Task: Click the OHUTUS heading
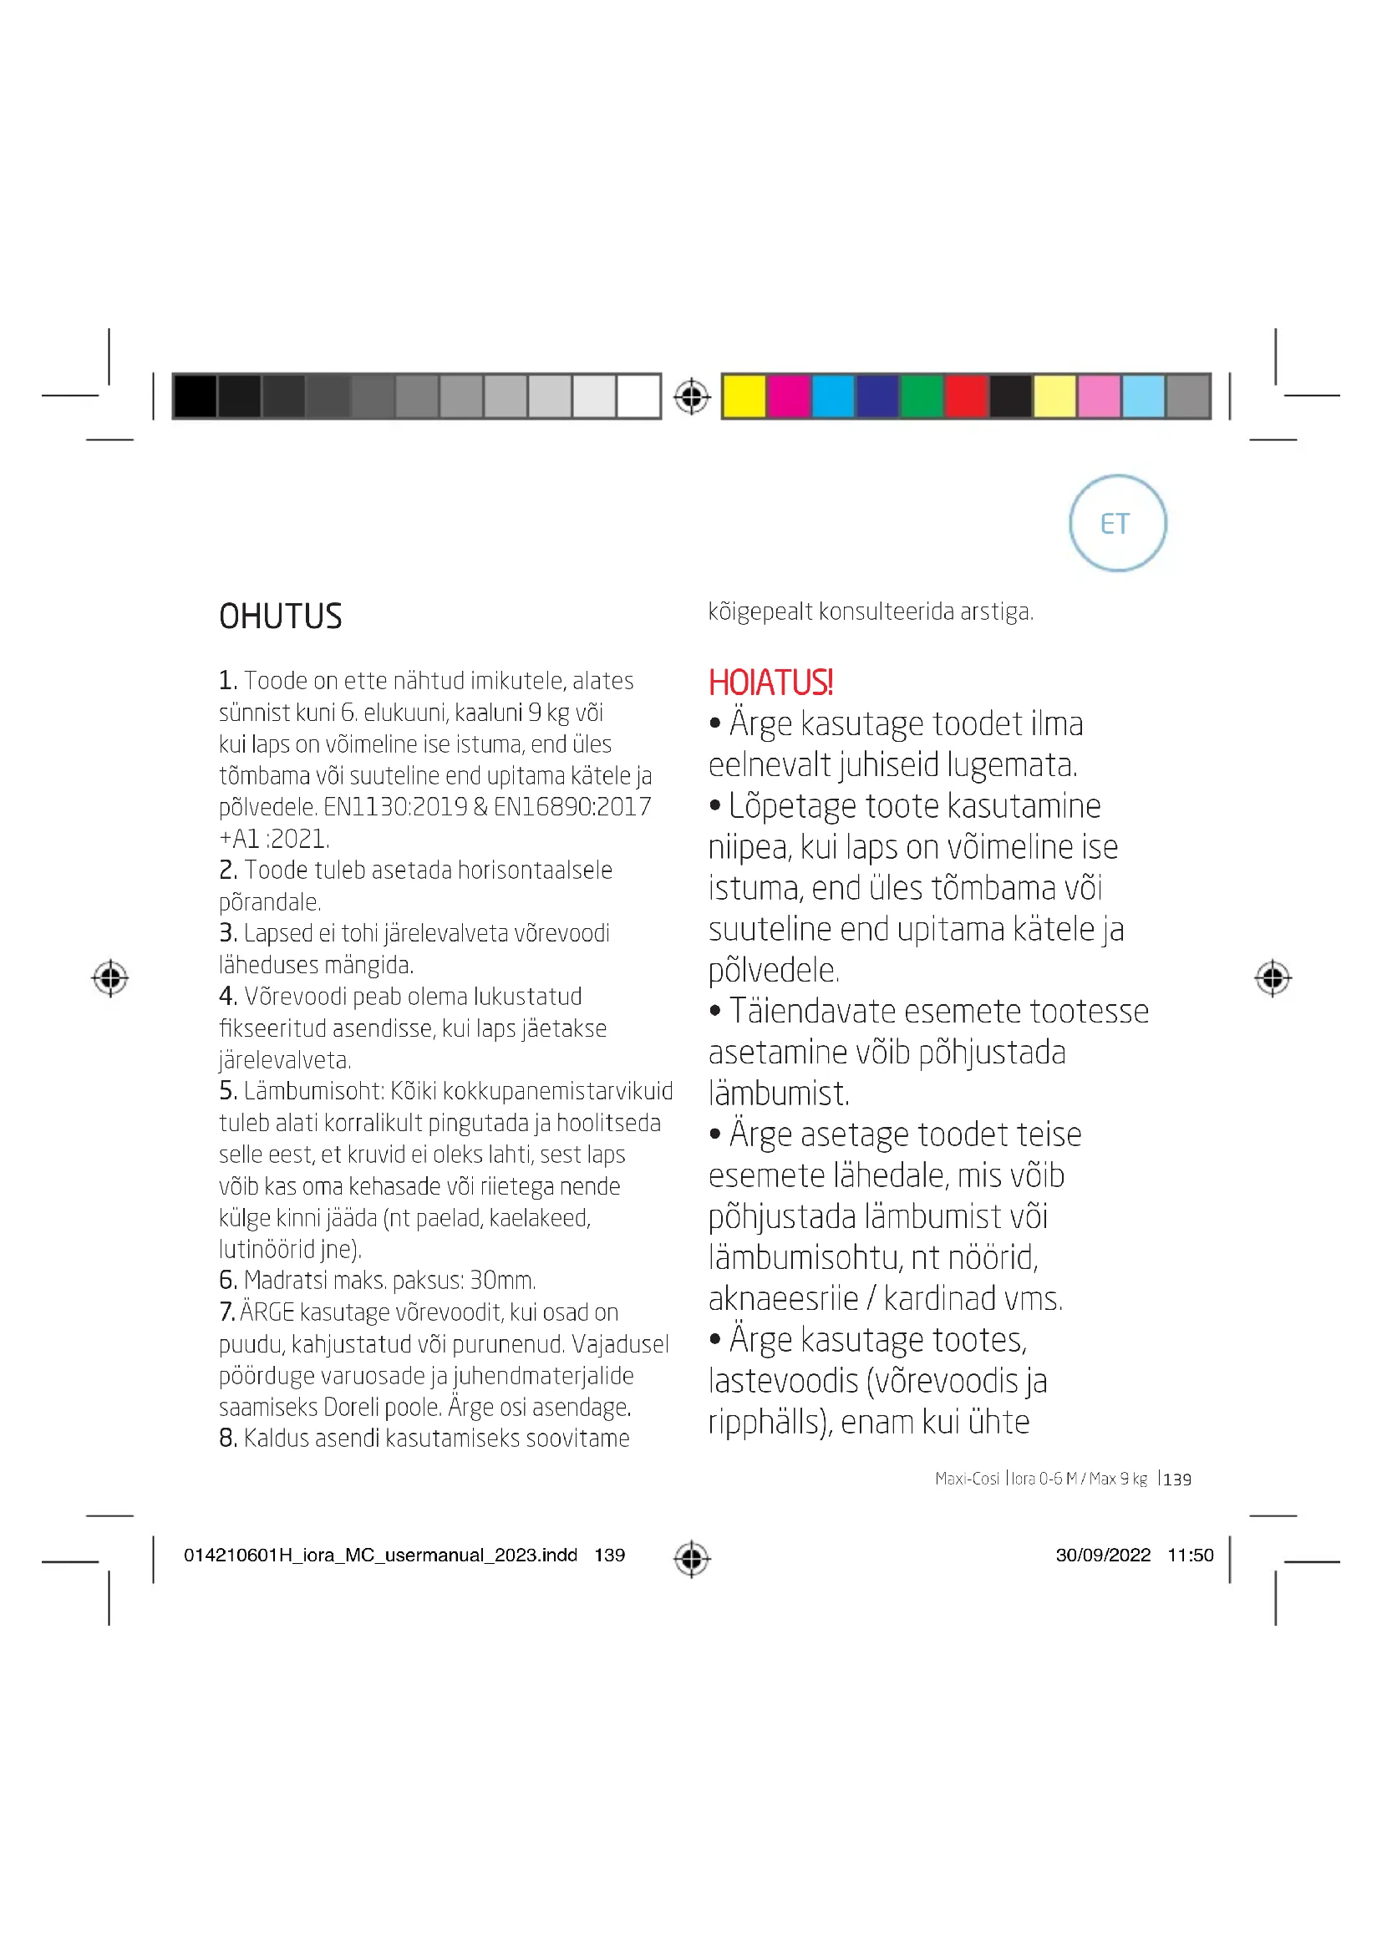[x=280, y=617]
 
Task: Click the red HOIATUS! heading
[x=770, y=683]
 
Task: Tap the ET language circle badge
[x=1116, y=524]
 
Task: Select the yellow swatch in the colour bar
[x=744, y=397]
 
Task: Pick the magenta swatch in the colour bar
[x=788, y=397]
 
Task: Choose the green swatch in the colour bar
[x=921, y=397]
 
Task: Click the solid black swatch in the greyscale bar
[x=195, y=397]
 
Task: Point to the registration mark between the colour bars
[x=691, y=397]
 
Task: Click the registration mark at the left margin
[x=109, y=978]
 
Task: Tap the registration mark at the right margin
[x=1273, y=978]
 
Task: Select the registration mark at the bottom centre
[x=691, y=1558]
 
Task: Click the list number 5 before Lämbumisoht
[x=226, y=1091]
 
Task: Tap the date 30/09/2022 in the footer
[x=1103, y=1555]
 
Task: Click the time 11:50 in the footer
[x=1190, y=1555]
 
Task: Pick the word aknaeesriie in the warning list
[x=783, y=1299]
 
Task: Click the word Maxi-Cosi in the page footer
[x=967, y=1479]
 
